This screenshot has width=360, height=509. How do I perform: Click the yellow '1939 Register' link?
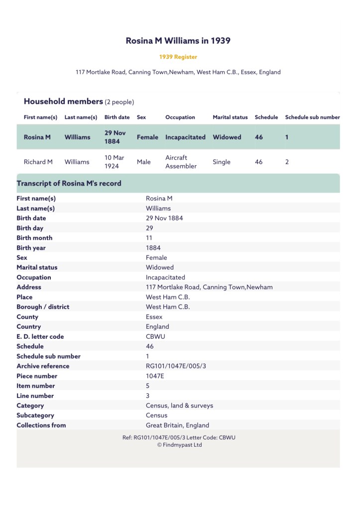[x=178, y=57]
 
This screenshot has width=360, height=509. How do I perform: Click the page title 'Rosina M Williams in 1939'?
[x=178, y=41]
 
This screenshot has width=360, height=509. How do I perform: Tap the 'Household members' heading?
[x=63, y=102]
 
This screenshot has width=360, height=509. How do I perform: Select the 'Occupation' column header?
[x=180, y=117]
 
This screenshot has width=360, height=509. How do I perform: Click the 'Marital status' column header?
[x=230, y=117]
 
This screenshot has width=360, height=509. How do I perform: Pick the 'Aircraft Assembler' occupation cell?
[x=181, y=162]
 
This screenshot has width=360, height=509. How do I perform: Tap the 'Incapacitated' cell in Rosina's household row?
[x=185, y=137]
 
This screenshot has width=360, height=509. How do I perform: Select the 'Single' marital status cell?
[x=222, y=162]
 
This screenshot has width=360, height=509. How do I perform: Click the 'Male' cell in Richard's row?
[x=143, y=162]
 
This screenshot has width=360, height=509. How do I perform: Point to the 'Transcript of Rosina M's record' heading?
[x=69, y=183]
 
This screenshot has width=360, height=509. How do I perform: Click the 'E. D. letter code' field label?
[x=40, y=336]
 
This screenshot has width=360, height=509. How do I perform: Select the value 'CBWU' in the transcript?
[x=155, y=336]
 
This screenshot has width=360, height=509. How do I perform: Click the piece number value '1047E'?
[x=155, y=376]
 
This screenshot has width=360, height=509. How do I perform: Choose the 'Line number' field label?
[x=35, y=396]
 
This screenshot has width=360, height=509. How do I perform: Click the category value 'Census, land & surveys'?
[x=179, y=406]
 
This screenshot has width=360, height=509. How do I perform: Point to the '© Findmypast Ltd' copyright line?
[x=179, y=445]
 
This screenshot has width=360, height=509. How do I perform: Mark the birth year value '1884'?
[x=153, y=248]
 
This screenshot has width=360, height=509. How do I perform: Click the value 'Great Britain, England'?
[x=177, y=425]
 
